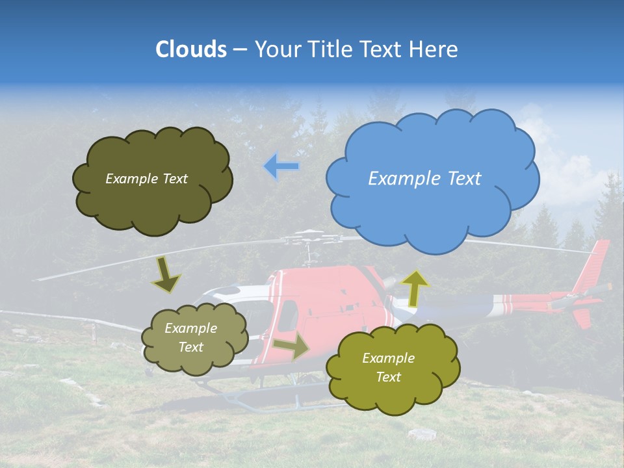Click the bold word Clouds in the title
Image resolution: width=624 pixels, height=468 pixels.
(x=190, y=49)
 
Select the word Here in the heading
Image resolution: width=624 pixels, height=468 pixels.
(x=436, y=49)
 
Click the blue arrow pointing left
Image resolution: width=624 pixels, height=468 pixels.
(x=281, y=166)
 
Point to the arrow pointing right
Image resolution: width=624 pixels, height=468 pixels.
(x=291, y=347)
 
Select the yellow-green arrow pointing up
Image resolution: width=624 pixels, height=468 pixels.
(x=415, y=288)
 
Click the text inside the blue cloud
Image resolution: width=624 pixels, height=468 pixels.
(x=424, y=179)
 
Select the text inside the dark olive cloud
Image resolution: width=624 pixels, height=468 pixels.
(x=146, y=179)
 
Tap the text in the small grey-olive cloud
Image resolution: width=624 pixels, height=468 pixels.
(x=190, y=338)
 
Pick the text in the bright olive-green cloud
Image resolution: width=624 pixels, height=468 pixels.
(x=388, y=368)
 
